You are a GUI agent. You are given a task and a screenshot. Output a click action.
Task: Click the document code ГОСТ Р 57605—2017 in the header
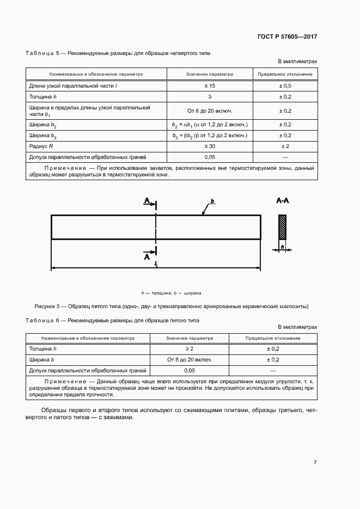point(286,37)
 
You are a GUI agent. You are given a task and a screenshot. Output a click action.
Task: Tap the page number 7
point(315,462)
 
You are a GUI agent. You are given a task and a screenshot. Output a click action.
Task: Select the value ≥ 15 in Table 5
point(210,86)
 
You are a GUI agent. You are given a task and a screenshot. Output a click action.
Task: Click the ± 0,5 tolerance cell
point(285,86)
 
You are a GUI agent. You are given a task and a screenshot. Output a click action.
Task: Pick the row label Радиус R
point(40,147)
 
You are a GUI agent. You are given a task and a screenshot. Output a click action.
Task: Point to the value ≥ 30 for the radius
point(210,147)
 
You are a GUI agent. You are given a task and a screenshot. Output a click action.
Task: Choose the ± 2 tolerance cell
point(285,147)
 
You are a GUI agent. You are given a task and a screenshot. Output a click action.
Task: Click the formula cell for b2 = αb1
point(210,125)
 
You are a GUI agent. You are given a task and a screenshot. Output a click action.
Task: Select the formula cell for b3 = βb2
point(210,136)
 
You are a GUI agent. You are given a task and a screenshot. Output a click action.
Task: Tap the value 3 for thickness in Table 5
point(210,96)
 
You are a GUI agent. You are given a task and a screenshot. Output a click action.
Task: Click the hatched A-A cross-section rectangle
point(282,227)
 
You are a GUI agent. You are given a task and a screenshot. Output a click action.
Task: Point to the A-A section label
point(282,201)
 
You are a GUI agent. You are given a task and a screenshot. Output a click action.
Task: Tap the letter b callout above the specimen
point(212,201)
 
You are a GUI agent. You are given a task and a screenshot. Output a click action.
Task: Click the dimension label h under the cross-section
point(282,247)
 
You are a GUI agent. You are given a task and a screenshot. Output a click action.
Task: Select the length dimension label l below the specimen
point(156,263)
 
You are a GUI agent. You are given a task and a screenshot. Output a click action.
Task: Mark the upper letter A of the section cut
point(147,201)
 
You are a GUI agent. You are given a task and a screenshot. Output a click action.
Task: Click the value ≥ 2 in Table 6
point(189,348)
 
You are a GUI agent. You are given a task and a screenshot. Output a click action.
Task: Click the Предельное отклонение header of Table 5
point(285,74)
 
